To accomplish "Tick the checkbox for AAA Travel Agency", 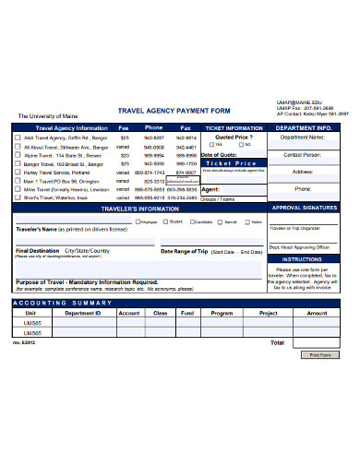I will point(18,137).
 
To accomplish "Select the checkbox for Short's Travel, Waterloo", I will point(18,197).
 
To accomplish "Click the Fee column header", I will point(124,126).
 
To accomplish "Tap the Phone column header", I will point(153,126).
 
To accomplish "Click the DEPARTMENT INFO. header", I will point(305,127).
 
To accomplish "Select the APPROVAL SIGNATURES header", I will point(305,209).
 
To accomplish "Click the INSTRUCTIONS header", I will point(305,259).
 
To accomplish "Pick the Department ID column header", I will point(82,313).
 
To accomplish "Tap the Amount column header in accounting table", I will point(316,313).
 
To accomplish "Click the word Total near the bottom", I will point(276,341).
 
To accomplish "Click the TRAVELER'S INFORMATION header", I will point(138,209).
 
